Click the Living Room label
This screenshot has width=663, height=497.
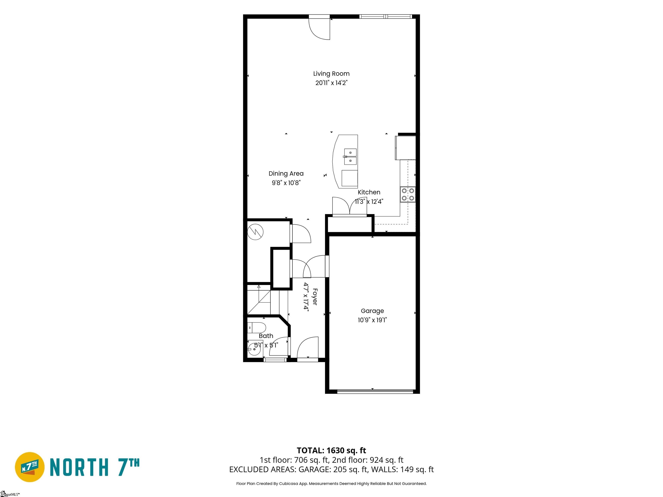pyautogui.click(x=331, y=74)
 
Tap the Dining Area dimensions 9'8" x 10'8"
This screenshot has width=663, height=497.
pyautogui.click(x=286, y=183)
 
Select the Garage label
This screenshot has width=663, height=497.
pyautogui.click(x=372, y=311)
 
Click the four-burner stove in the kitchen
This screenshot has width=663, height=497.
pyautogui.click(x=408, y=194)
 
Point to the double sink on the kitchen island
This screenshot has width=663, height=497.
pyautogui.click(x=350, y=157)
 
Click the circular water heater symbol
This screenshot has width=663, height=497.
pyautogui.click(x=255, y=232)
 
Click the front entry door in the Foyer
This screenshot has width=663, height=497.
pyautogui.click(x=308, y=348)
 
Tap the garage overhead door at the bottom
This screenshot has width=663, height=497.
pyautogui.click(x=375, y=391)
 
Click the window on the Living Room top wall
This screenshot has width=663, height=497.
pyautogui.click(x=386, y=16)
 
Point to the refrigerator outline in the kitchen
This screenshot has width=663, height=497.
pyautogui.click(x=405, y=148)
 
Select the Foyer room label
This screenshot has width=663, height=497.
pyautogui.click(x=315, y=297)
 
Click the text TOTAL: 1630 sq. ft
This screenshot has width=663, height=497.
pyautogui.click(x=331, y=450)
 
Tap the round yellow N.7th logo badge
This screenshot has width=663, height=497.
pyautogui.click(x=30, y=467)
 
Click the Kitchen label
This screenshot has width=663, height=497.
pyautogui.click(x=369, y=192)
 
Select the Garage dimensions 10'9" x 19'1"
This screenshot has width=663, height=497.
pyautogui.click(x=372, y=320)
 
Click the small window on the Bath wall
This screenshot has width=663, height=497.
pyautogui.click(x=275, y=360)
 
